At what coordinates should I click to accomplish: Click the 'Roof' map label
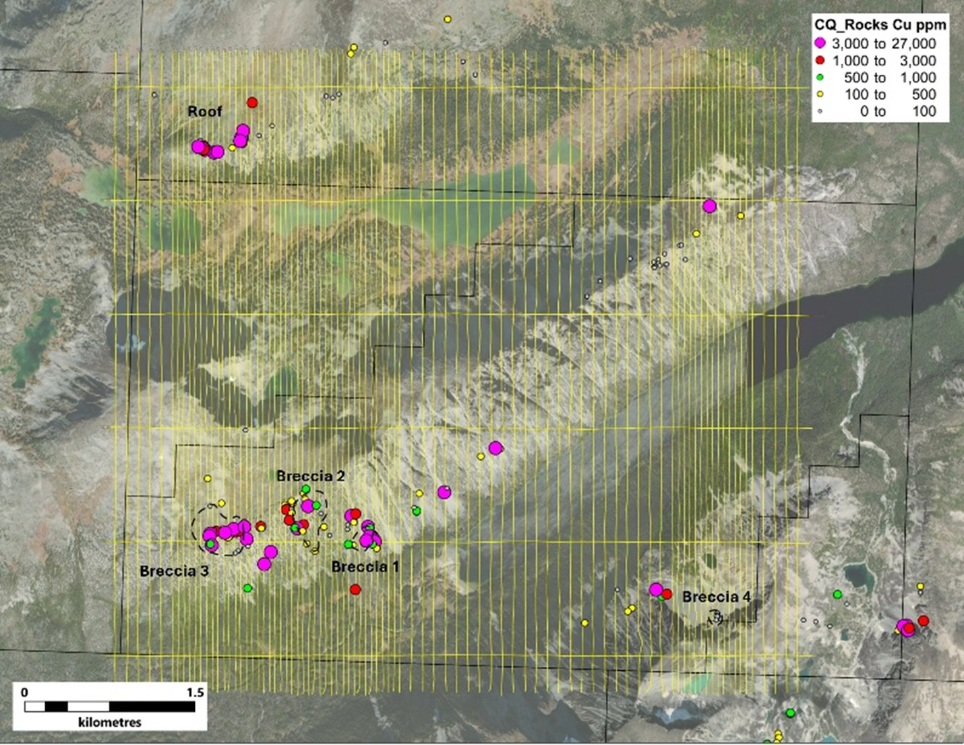point(204,111)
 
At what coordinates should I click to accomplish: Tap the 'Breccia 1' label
point(365,566)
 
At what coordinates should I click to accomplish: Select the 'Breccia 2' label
point(311,476)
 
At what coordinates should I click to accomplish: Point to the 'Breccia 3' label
point(174,571)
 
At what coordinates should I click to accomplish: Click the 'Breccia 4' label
point(716,597)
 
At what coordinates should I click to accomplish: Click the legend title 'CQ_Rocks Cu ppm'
point(880,26)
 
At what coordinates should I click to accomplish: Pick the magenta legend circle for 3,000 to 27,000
point(820,43)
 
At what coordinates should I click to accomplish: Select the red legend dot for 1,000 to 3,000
point(820,61)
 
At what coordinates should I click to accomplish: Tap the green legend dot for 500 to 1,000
point(820,78)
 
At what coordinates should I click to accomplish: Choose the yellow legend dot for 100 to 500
point(820,94)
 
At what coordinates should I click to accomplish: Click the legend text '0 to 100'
point(897,111)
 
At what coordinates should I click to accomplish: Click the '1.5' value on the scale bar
point(195,692)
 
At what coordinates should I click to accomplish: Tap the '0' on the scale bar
point(25,692)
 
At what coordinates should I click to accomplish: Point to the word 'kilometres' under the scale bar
point(110,722)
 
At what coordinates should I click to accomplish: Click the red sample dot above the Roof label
point(252,102)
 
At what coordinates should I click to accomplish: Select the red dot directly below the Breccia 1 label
point(355,589)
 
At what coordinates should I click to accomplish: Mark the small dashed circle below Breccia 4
point(716,617)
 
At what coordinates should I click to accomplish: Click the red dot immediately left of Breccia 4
point(667,594)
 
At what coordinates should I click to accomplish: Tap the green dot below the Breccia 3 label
point(247,588)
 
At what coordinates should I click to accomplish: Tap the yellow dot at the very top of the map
point(448,19)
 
